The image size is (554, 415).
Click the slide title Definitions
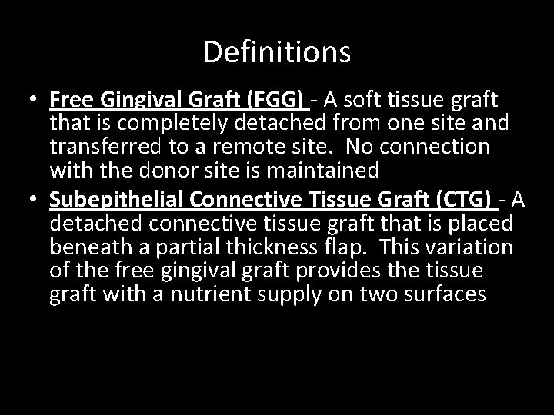pos(277,52)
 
